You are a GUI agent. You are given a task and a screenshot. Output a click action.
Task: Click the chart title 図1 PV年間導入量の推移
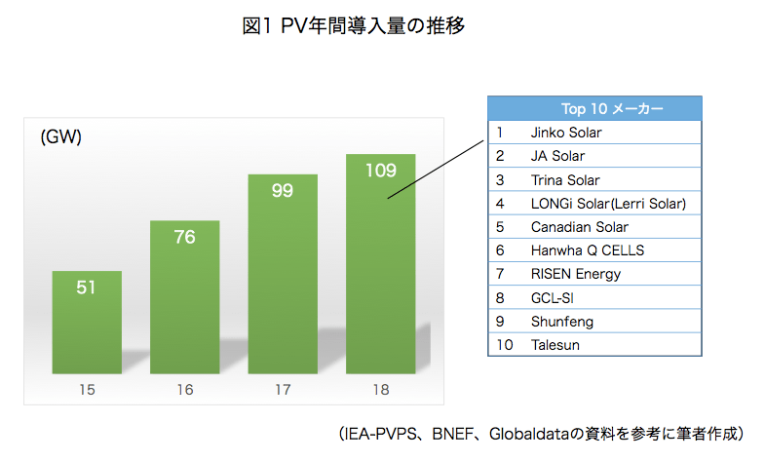[354, 26]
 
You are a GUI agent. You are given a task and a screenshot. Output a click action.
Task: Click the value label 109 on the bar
[380, 171]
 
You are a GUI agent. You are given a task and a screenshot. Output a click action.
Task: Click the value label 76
[184, 237]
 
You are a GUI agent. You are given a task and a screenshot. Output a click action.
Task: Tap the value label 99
[283, 190]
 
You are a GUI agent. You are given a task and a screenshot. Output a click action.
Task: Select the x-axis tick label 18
[380, 390]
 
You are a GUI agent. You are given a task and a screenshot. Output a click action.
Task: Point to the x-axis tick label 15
[87, 390]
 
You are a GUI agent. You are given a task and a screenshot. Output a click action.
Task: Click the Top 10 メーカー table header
[594, 108]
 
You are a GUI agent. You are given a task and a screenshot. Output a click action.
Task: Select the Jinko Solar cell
[566, 132]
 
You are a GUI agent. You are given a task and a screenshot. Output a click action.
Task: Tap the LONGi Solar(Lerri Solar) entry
[608, 203]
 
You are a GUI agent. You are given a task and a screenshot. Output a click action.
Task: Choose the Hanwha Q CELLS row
[587, 250]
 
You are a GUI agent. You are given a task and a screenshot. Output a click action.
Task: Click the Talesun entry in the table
[556, 345]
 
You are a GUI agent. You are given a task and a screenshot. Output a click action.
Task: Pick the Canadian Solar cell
[579, 227]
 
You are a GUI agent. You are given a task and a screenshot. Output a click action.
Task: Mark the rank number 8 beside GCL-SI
[499, 297]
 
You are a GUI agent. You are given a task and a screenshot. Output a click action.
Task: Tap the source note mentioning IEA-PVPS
[542, 432]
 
